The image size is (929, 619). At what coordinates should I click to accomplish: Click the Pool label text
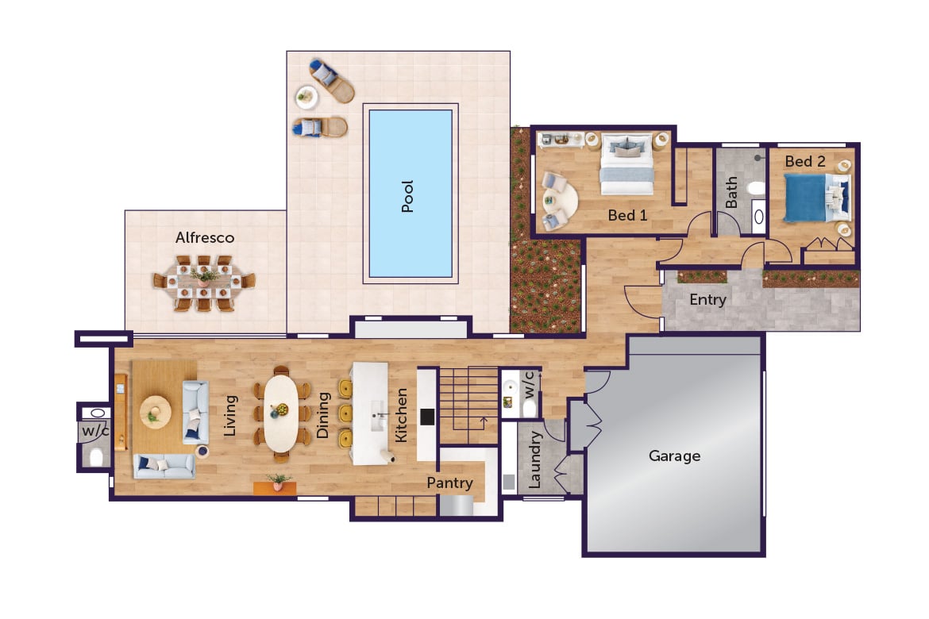408,196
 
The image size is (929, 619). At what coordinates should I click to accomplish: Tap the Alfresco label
205,237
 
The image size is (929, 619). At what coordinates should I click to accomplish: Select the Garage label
674,456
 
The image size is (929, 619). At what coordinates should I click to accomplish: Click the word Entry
707,300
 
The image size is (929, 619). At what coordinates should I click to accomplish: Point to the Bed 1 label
627,215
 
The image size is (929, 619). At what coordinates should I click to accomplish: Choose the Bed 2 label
805,161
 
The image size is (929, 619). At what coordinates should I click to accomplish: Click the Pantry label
449,483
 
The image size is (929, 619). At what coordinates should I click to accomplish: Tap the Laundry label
534,459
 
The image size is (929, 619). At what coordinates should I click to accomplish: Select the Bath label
731,193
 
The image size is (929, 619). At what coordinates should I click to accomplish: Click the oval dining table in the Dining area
279,413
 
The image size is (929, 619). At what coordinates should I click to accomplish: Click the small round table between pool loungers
306,98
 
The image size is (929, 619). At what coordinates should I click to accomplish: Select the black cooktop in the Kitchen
426,417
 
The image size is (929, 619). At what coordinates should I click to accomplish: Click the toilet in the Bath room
756,189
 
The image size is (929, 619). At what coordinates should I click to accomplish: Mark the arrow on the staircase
481,421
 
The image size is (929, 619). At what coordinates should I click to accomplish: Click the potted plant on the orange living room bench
277,481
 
